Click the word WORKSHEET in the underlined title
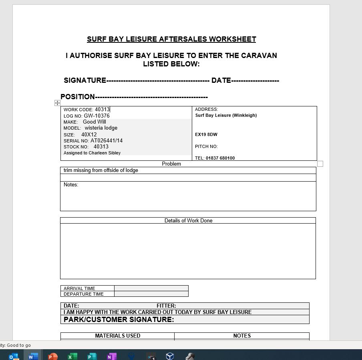pos(232,39)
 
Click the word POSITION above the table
pos(78,97)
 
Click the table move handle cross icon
pos(57,103)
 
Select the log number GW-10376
pos(97,116)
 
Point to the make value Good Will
pos(95,122)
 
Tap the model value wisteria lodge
pos(101,128)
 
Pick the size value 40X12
pos(89,135)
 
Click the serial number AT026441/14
pos(107,141)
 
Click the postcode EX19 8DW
pos(206,134)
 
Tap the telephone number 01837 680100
pos(220,158)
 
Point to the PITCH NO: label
pos(206,146)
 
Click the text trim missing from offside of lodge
pos(101,170)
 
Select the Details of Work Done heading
pos(188,220)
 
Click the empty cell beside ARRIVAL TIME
pos(151,288)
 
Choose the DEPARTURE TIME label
pos(83,294)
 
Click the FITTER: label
pos(166,306)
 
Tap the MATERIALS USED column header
pos(117,336)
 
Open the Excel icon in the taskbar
pos(72,356)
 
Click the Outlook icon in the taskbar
pos(13,356)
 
